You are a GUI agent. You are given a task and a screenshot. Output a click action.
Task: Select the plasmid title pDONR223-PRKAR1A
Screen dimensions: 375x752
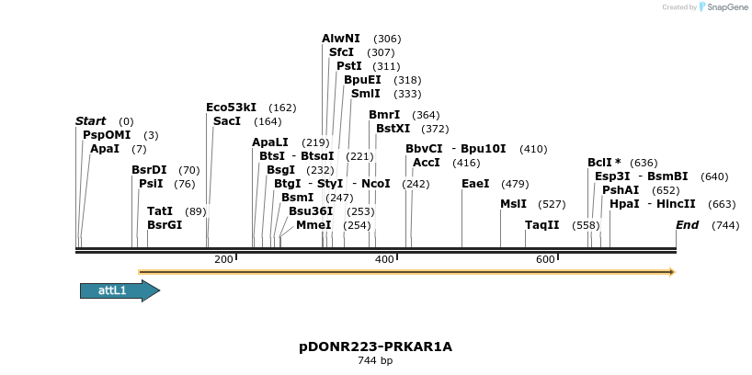pos(375,347)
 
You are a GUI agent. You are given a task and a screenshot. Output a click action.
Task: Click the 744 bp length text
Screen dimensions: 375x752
pos(375,361)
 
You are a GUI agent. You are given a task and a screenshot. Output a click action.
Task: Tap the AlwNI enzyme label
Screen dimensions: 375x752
pos(341,39)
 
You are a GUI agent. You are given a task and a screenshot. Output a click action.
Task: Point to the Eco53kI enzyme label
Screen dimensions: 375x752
pos(231,108)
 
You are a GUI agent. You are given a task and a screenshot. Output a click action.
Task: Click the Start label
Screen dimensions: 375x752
pos(90,121)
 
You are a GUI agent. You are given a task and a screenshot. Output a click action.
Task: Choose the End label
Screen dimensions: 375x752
pos(687,225)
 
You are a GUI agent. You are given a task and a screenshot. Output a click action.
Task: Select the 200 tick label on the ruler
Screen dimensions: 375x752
pos(223,260)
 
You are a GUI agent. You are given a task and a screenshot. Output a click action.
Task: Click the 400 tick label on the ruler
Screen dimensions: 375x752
pos(384,260)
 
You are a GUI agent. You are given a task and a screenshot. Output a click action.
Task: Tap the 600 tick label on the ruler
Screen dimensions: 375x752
pos(545,260)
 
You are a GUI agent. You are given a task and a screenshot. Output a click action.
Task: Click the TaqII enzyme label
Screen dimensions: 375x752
pos(541,225)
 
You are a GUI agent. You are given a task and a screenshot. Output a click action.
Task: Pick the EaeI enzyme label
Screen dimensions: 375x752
pos(475,184)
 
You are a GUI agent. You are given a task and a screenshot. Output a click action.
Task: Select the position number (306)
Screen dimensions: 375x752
pos(387,39)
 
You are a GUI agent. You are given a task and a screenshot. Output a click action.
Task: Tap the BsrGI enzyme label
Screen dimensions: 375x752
pos(165,225)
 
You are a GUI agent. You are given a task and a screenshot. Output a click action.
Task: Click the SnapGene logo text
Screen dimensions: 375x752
pos(725,7)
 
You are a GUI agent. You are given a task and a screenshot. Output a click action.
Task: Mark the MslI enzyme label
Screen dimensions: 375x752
pos(513,204)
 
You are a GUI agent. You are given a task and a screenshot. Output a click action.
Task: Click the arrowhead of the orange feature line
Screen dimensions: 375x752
pos(672,272)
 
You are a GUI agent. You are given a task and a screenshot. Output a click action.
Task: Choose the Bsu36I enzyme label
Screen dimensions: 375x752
pos(311,211)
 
